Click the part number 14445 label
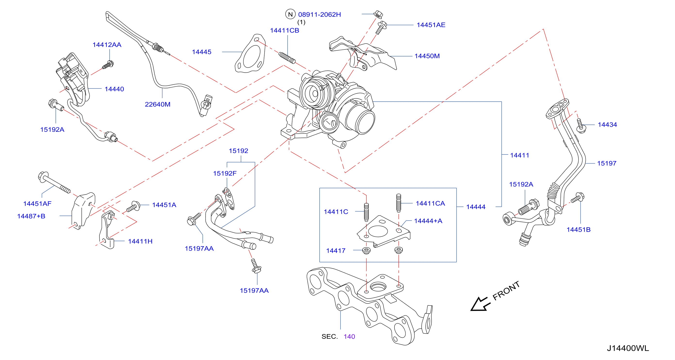[x=201, y=52]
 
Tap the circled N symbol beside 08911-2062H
[x=290, y=14]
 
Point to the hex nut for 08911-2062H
[x=378, y=14]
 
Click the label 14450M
[x=427, y=56]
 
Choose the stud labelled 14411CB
[x=287, y=58]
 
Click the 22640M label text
[x=158, y=104]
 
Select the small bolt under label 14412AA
[x=108, y=65]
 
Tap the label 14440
[x=114, y=89]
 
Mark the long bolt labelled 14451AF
[x=54, y=182]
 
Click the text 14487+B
[x=31, y=216]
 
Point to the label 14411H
[x=140, y=241]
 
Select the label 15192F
[x=225, y=173]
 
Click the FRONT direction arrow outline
[x=480, y=304]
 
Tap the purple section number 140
[x=349, y=336]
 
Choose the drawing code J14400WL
[x=628, y=348]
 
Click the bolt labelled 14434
[x=581, y=126]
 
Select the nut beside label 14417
[x=366, y=250]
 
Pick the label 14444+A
[x=428, y=221]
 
